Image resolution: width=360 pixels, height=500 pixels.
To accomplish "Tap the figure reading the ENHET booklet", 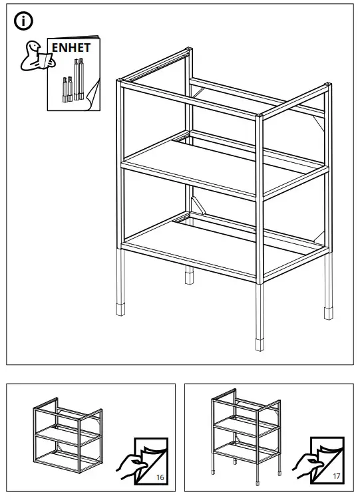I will point(33,56).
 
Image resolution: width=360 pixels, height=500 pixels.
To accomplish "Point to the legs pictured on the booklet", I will point(74,80).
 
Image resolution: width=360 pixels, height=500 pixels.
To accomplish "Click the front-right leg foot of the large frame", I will point(259,344).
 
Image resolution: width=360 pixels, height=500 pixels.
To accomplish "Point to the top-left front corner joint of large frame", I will point(120,83).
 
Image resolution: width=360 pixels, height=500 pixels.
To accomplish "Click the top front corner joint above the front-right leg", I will point(260,117).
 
